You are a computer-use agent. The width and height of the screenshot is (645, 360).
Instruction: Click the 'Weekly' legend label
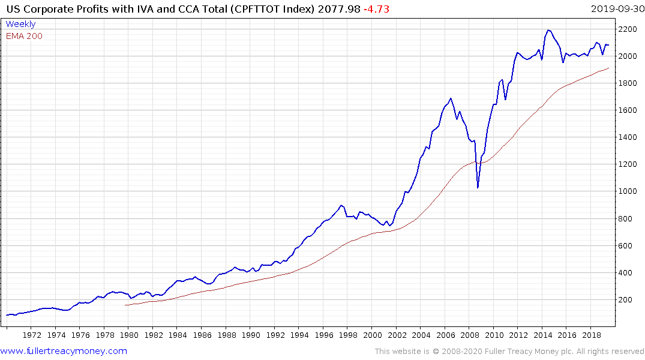point(20,24)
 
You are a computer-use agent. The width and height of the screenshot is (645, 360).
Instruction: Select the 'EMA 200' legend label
point(24,36)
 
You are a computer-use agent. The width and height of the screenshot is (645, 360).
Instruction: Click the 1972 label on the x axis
point(32,335)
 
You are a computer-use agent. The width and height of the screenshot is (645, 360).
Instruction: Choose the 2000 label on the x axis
point(373,335)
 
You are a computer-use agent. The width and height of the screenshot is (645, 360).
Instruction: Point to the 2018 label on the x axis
point(592,335)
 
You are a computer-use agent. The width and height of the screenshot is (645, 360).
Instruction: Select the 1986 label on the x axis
point(202,335)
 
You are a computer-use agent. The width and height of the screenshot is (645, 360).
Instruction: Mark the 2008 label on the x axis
point(470,335)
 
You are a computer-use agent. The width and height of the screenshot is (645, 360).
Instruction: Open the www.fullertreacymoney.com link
point(64,351)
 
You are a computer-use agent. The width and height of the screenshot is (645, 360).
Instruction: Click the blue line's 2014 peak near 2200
point(548,30)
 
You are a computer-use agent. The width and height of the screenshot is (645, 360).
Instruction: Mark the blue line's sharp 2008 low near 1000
point(478,188)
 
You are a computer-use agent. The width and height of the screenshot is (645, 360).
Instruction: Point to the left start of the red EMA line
point(125,305)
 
